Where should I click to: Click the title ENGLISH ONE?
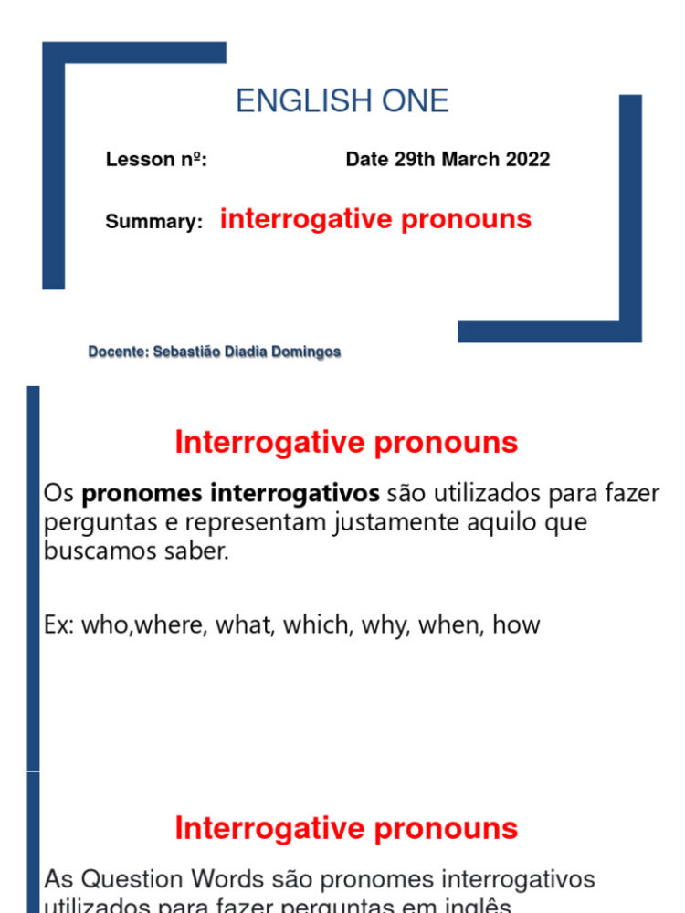tap(342, 101)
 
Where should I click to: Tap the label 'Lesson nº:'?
tap(156, 160)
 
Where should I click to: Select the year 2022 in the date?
tap(525, 160)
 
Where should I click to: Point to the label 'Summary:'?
tap(153, 222)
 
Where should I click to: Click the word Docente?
tap(117, 352)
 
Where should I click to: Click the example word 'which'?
tap(317, 625)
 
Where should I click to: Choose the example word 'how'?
tap(516, 625)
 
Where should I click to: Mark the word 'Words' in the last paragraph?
tap(237, 879)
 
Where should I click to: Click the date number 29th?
tap(416, 160)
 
